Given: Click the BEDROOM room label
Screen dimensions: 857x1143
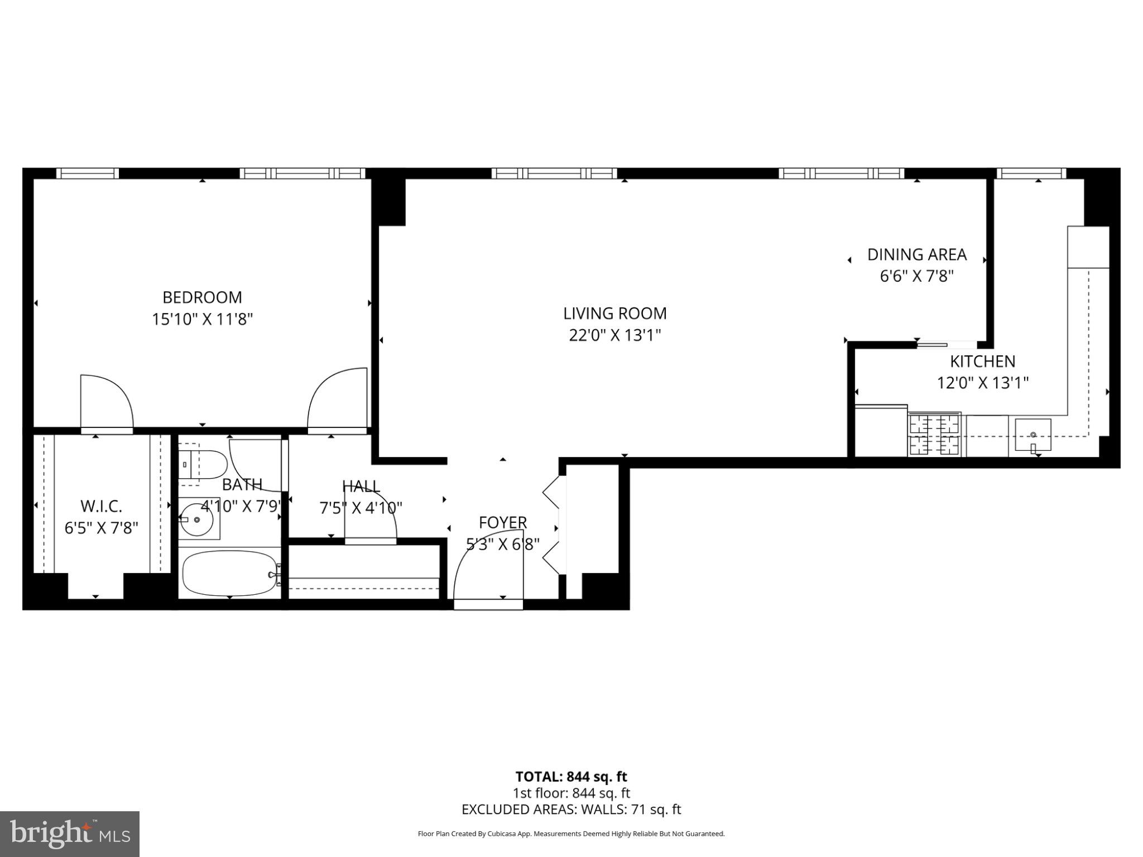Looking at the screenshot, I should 202,297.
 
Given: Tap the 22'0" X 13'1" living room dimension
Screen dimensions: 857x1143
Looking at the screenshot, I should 614,335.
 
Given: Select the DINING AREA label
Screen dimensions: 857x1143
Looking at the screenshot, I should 916,255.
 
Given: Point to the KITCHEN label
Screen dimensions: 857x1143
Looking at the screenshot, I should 982,362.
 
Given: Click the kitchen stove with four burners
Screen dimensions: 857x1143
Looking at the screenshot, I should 935,435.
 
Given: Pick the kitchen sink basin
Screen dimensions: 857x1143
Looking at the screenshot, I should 1032,435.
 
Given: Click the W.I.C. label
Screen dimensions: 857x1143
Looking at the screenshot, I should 101,506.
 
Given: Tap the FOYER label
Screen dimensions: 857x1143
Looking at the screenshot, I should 502,523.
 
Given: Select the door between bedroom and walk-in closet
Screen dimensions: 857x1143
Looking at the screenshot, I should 106,402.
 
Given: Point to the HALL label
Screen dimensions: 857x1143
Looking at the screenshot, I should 361,486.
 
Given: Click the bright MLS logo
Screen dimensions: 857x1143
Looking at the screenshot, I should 69,834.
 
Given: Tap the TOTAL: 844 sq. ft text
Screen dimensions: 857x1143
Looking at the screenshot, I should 571,777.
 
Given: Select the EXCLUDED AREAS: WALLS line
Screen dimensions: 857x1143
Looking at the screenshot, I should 571,810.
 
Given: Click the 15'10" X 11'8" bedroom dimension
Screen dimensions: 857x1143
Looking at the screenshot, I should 202,320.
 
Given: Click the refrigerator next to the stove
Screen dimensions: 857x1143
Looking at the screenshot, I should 881,431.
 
